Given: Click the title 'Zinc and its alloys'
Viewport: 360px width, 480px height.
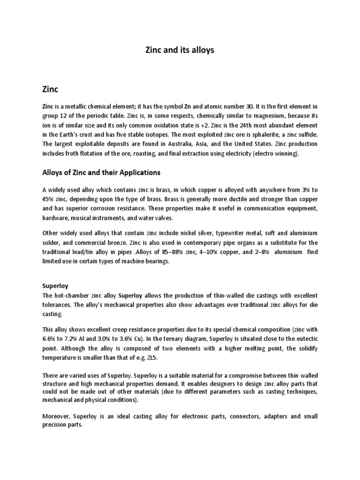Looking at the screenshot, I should point(180,50).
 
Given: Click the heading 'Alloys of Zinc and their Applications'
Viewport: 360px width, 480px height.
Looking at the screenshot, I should point(101,172).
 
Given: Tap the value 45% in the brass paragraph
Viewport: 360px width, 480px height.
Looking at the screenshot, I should point(49,200).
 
